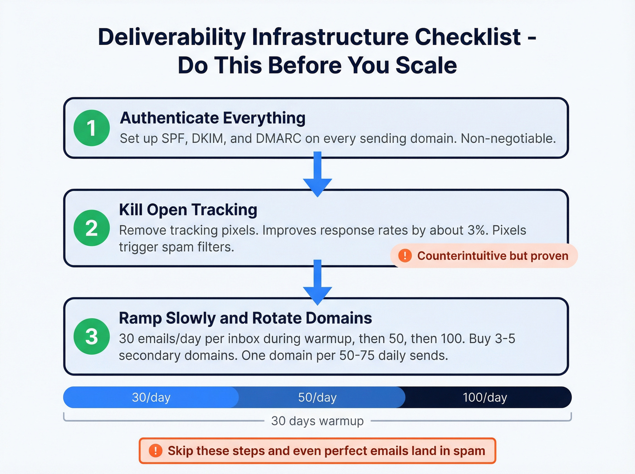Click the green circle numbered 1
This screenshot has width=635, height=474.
(92, 128)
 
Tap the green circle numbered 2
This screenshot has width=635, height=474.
(92, 228)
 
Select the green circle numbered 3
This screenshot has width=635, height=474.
(92, 337)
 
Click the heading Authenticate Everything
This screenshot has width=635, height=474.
(212, 118)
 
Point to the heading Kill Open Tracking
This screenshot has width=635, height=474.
(188, 210)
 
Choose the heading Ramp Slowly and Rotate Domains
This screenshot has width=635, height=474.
(245, 318)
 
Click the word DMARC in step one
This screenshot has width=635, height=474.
(278, 139)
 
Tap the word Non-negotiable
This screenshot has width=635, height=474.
(508, 139)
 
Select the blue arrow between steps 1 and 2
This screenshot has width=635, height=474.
(317, 175)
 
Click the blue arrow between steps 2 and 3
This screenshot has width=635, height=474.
(317, 283)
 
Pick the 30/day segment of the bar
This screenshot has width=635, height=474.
(151, 398)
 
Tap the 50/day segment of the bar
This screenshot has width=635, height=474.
(317, 398)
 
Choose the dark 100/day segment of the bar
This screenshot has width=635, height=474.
(485, 398)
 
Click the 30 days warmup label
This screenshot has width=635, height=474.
(317, 421)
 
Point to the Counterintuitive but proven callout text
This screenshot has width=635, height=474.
(493, 256)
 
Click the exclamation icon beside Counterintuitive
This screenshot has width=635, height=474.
(405, 256)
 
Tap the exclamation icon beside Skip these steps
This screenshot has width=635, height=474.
(156, 451)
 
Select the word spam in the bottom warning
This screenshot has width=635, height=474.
(469, 451)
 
